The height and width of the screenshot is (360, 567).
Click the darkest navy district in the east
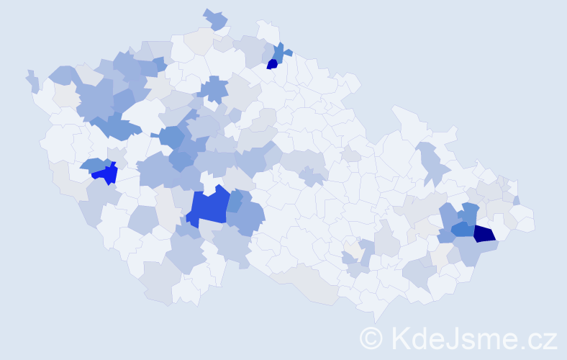(484, 233)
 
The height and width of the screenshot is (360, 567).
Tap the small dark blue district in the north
(272, 63)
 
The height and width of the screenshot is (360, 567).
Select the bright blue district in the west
(106, 174)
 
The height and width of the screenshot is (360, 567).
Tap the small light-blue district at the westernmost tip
(32, 81)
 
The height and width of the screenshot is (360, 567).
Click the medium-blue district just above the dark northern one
(278, 51)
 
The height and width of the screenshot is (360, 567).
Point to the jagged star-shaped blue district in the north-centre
(213, 89)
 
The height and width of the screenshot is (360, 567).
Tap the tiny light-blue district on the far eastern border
(517, 200)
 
